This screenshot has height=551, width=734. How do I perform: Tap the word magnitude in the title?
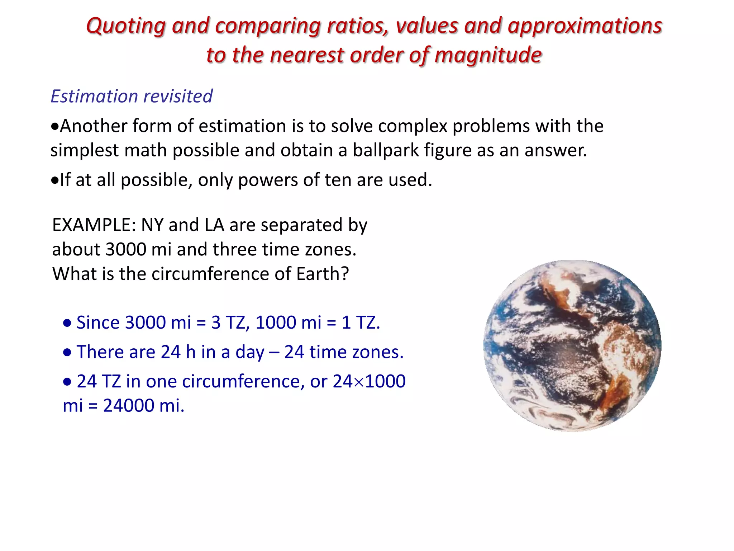pos(488,56)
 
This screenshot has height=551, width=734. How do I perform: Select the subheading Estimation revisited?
pos(132,96)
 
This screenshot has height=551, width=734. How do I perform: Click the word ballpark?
pos(386,150)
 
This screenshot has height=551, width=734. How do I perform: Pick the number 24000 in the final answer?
pos(129,406)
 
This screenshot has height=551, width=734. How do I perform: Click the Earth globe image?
pos(572,345)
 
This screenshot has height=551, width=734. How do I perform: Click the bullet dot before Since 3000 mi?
pos(67,323)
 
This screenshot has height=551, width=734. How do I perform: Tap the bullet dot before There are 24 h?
pos(67,352)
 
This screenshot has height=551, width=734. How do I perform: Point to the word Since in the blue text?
pos(98,322)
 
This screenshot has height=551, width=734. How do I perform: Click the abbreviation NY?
pos(152,225)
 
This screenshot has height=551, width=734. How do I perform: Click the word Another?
pos(94,126)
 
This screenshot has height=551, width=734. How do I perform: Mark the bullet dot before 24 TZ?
pos(67,382)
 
